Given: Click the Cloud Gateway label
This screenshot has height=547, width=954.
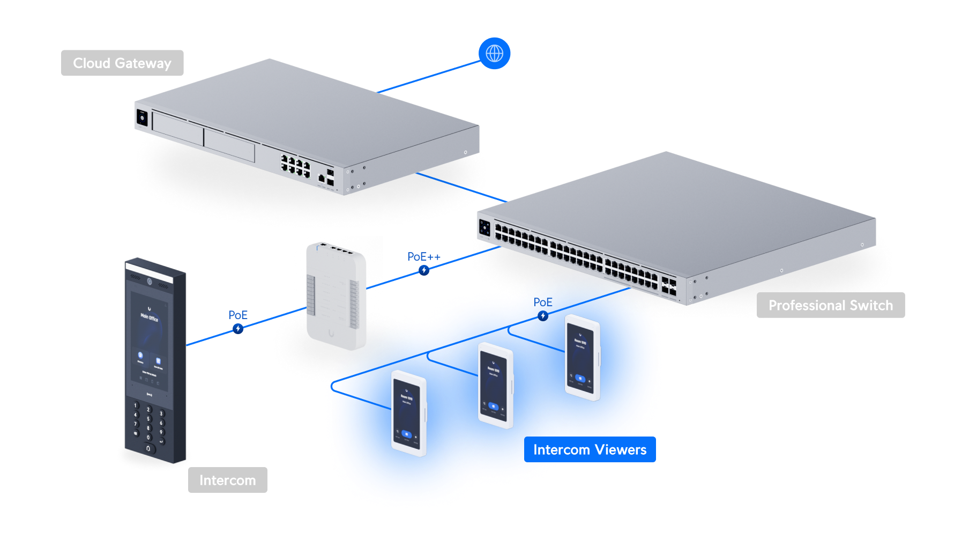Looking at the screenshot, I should (x=122, y=63).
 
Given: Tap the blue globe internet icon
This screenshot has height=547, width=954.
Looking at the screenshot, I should (x=494, y=53).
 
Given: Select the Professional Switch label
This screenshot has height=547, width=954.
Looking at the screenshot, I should (x=830, y=305).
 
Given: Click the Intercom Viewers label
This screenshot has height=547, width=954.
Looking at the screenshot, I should (x=590, y=449).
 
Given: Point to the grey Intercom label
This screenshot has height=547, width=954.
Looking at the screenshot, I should (x=227, y=480).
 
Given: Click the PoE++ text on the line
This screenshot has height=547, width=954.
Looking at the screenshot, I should (x=423, y=257).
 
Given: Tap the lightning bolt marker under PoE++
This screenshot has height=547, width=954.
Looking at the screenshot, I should (x=424, y=270).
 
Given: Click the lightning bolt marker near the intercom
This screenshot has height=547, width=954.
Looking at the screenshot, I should (x=238, y=328).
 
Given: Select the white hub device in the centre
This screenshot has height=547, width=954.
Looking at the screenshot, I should (x=336, y=298).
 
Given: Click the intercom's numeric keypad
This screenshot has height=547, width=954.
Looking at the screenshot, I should (x=148, y=426).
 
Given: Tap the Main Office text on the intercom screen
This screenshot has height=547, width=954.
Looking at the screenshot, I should (x=149, y=317).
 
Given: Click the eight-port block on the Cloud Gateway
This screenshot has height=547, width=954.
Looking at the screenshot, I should (x=295, y=166).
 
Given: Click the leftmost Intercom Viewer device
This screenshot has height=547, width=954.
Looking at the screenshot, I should (x=408, y=413).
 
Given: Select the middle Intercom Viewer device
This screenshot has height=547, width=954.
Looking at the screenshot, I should (x=495, y=385).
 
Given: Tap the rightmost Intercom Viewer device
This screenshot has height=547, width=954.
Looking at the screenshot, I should (x=582, y=357).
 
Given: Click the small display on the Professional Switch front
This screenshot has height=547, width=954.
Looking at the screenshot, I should (x=485, y=227).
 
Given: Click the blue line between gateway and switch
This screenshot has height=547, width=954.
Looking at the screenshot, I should (x=461, y=187).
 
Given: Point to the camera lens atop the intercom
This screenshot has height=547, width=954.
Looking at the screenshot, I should (x=150, y=282).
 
